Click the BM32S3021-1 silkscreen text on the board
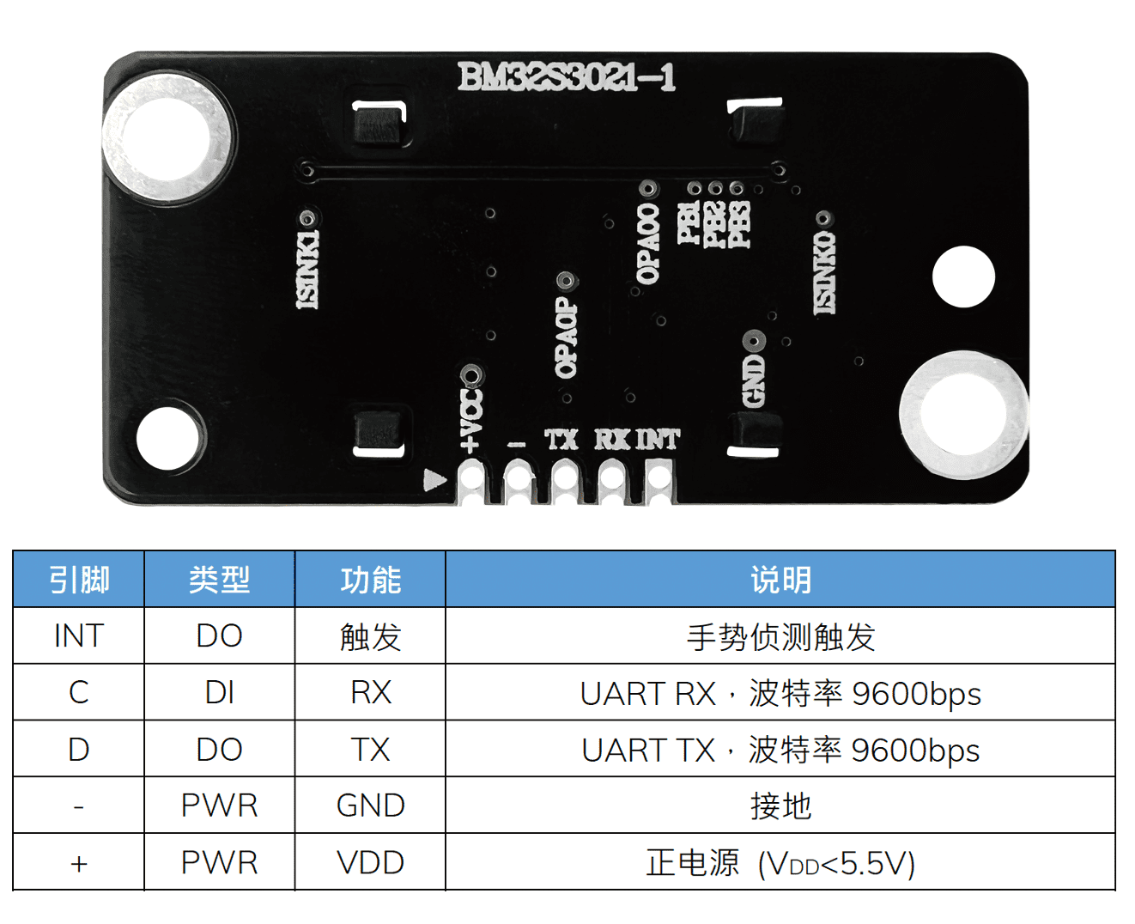tap(567, 77)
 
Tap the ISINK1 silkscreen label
tap(307, 269)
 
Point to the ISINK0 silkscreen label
tap(824, 272)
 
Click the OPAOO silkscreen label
tap(648, 242)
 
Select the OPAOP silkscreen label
tap(566, 337)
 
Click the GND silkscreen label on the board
tap(754, 381)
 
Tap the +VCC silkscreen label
tap(471, 421)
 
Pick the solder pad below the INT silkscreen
tap(659, 481)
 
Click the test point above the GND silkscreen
tap(754, 341)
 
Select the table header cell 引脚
tap(78, 580)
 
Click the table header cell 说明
tap(780, 580)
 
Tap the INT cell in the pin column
tap(78, 635)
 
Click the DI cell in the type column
tap(220, 693)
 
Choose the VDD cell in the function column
tap(370, 863)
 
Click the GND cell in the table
tap(370, 805)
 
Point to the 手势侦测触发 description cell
tap(780, 636)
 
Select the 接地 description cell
tap(780, 805)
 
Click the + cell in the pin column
tap(78, 863)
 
